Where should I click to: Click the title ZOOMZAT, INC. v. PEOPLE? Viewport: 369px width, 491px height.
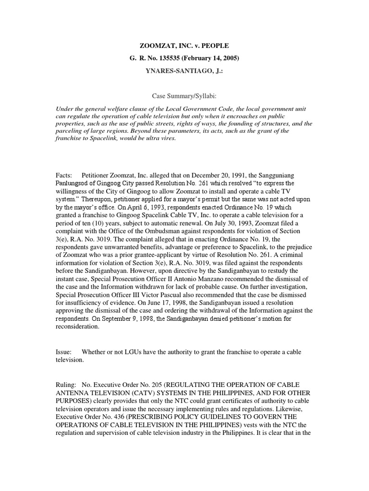[x=184, y=46]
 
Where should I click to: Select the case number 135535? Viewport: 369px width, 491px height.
[x=172, y=58]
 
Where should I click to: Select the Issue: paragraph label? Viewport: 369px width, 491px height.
[x=65, y=352]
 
